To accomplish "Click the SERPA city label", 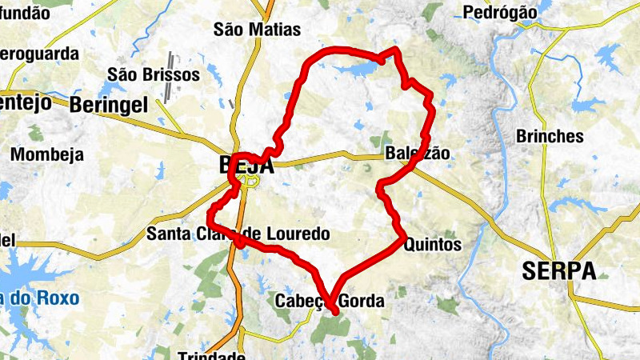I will pyautogui.click(x=559, y=271).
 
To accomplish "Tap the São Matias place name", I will pyautogui.click(x=258, y=30).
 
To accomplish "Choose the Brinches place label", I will pyautogui.click(x=550, y=136).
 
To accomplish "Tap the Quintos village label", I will pyautogui.click(x=434, y=245).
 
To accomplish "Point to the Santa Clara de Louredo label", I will pyautogui.click(x=238, y=234).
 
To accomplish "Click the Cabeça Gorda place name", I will pyautogui.click(x=330, y=302).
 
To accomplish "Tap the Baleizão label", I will pyautogui.click(x=418, y=153).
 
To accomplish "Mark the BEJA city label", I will pyautogui.click(x=246, y=166).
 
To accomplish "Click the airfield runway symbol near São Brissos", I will pyautogui.click(x=170, y=78).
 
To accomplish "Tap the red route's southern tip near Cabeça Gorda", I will pyautogui.click(x=334, y=313).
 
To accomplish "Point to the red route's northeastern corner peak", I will pyautogui.click(x=394, y=50).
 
